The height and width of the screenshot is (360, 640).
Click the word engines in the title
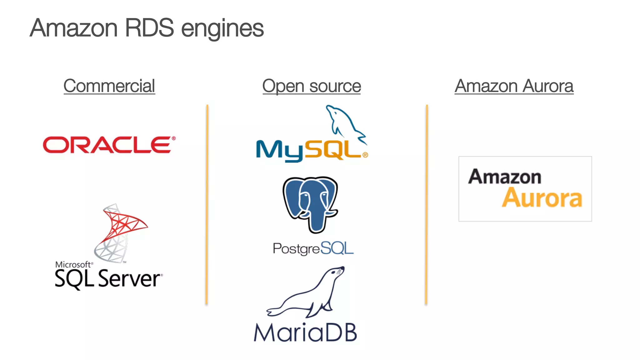point(222,29)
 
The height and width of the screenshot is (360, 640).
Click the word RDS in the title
point(149,28)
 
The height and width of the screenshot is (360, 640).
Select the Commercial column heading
point(109,86)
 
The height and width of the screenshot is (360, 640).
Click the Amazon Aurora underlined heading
point(514,86)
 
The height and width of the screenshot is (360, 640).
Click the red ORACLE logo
point(107,145)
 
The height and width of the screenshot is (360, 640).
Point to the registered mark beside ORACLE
point(173,138)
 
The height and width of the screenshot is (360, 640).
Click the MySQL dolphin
point(344,122)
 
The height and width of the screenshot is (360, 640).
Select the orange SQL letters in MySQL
point(333,150)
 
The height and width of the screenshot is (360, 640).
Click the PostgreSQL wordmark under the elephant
point(313,249)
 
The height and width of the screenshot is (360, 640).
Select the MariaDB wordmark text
point(305,332)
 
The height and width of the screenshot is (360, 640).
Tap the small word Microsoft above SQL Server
point(73,265)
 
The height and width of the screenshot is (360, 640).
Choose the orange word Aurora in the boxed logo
point(542,198)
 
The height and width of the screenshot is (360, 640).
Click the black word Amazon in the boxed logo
point(504,177)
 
